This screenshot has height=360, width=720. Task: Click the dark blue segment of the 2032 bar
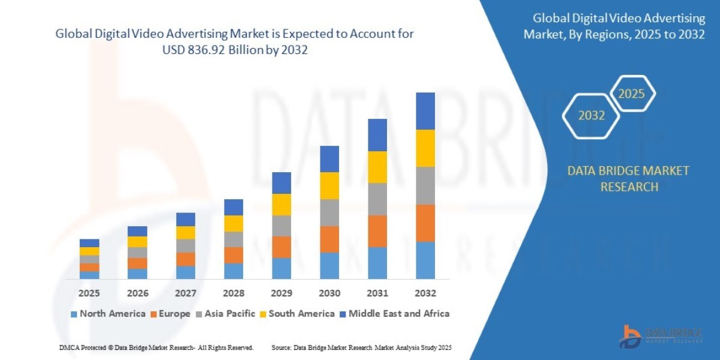[x=425, y=111]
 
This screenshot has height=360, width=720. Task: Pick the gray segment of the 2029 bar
[x=281, y=226]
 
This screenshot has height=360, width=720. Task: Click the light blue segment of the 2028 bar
[x=233, y=271]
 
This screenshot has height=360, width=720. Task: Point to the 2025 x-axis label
[x=89, y=293]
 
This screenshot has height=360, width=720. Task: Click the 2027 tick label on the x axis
[x=185, y=293]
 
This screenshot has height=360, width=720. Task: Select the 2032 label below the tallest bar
[x=425, y=293]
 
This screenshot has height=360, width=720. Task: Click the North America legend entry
[x=108, y=313]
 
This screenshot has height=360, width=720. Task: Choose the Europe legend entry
[x=171, y=313]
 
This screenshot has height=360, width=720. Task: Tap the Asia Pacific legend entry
[x=225, y=313]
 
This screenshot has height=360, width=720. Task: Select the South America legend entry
[x=296, y=313]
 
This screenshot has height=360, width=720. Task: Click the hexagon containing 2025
[x=631, y=94]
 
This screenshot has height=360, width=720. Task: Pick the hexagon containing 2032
[x=591, y=116]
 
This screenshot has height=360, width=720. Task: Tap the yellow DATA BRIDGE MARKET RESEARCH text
[x=628, y=179]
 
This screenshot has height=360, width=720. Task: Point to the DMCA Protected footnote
[x=157, y=347]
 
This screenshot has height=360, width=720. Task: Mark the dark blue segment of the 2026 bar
[x=137, y=231]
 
